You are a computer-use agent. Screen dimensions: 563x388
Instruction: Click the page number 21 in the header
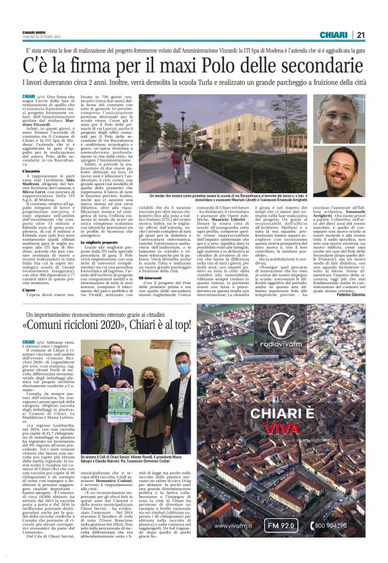click(x=360, y=35)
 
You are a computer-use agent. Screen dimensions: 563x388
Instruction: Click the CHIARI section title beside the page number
click(x=332, y=35)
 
